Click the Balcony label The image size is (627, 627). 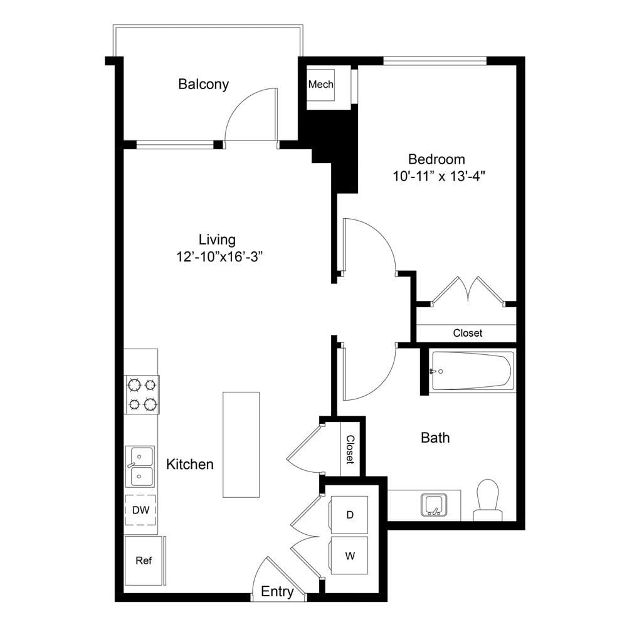point(204,85)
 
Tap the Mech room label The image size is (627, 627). point(320,85)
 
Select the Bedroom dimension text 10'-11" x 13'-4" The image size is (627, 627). point(439,176)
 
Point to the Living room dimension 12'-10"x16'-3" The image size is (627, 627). point(219,256)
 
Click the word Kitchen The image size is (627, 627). point(190,464)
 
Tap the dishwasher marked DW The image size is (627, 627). point(140,510)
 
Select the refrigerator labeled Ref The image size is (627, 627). point(144,561)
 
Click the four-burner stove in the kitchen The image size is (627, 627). point(142,394)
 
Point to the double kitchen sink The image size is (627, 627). point(140,466)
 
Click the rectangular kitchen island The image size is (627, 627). point(241,445)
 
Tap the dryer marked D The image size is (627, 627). point(349,515)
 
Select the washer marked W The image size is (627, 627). point(349,556)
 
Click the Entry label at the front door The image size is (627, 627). point(277,591)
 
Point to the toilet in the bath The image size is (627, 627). point(488,500)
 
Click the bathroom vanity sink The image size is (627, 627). point(434,505)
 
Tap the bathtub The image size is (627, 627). point(472,371)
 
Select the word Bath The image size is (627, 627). point(435,438)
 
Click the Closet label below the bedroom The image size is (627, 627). point(468,333)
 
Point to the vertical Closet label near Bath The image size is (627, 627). point(350,450)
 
